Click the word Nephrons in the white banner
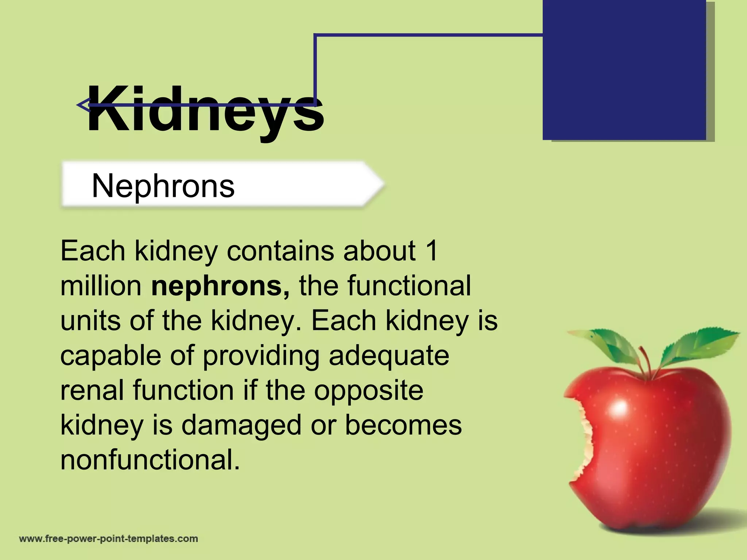163,186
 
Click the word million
101,286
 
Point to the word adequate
389,356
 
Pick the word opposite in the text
368,390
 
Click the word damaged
241,425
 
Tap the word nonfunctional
150,460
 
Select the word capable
111,356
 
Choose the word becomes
403,425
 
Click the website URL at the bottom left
108,539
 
